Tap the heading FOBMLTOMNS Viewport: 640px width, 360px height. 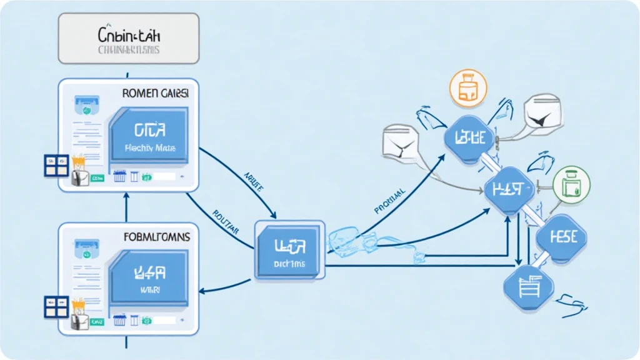(x=156, y=237)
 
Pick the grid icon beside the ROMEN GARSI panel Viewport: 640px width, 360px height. (x=56, y=166)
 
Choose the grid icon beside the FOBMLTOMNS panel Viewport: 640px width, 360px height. (x=56, y=307)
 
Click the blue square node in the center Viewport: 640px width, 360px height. (x=289, y=249)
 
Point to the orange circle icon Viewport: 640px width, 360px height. (x=467, y=87)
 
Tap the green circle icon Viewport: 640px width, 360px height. (x=571, y=186)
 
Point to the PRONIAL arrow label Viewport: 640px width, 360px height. (x=391, y=199)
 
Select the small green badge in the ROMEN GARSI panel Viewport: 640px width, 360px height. (x=97, y=178)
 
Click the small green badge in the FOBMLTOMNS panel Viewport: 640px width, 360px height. (x=97, y=321)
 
